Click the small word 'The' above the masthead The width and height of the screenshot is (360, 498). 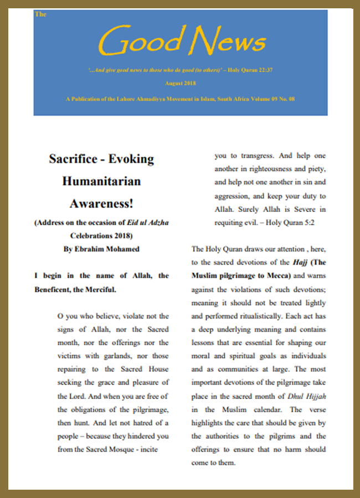[40, 14]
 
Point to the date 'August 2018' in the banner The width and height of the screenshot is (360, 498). [180, 83]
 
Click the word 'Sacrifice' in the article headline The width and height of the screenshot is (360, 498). [76, 159]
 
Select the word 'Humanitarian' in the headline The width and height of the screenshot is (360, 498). [101, 181]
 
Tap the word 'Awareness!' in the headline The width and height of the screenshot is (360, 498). [101, 204]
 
